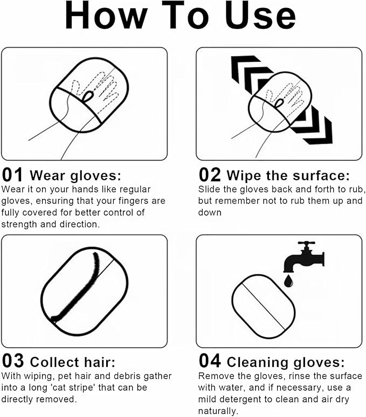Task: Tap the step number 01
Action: pos(12,175)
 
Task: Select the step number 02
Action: pos(210,175)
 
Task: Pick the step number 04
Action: pos(210,361)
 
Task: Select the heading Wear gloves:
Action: pos(76,176)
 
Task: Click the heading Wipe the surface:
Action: pos(288,176)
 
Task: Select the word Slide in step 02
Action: pos(209,189)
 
